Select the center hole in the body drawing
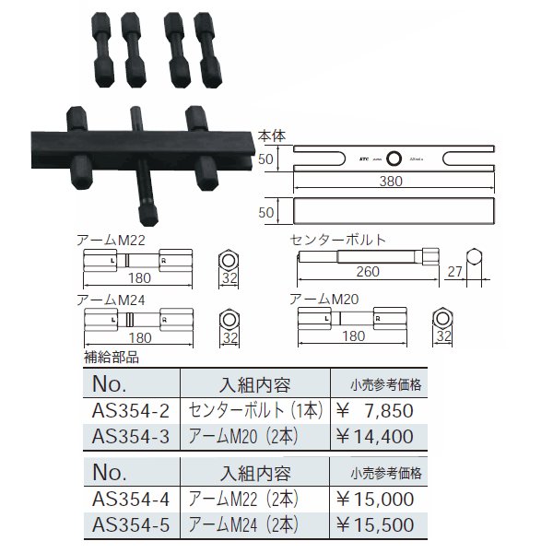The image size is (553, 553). tap(394, 158)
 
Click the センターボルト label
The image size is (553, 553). tap(336, 239)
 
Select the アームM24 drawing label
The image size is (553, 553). tap(107, 300)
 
